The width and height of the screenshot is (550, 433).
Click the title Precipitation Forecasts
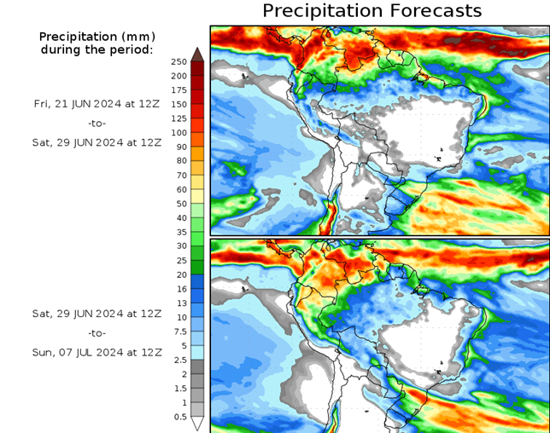point(372,11)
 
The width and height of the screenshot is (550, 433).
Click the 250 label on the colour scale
point(178,62)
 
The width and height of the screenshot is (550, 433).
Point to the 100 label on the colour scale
point(178,133)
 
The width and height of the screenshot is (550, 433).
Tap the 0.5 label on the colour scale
point(180,417)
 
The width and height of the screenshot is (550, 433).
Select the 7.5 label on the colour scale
point(179,332)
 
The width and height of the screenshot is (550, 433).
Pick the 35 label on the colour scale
point(181,232)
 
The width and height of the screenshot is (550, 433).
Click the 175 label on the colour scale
point(178,90)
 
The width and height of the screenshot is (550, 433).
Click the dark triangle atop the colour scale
point(197,55)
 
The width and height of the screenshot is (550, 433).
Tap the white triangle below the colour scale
point(197,424)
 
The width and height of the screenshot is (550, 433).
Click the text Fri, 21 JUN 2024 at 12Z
point(97,103)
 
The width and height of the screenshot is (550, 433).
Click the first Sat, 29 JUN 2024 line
point(97,142)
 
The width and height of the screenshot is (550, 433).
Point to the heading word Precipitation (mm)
point(97,37)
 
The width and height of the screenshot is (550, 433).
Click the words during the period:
point(97,49)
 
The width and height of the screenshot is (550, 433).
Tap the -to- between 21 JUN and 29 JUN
point(97,123)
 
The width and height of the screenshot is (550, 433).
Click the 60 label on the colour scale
point(181,189)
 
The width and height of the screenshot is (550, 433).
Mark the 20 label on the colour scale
point(181,274)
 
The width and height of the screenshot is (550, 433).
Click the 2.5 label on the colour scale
point(179,360)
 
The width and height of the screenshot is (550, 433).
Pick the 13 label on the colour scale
point(181,303)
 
